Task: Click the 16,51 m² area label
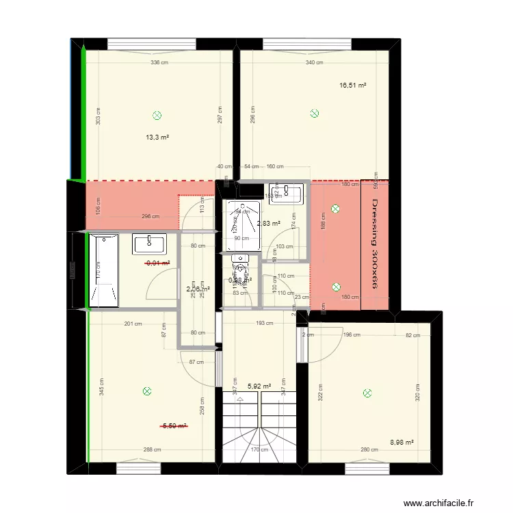click(353, 85)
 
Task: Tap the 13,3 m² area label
click(157, 137)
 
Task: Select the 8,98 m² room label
click(402, 442)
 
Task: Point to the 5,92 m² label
click(259, 386)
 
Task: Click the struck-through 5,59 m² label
click(174, 425)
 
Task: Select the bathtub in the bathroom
click(103, 271)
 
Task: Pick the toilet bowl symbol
click(239, 263)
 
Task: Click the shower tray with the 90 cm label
click(241, 225)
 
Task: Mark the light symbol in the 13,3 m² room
click(158, 115)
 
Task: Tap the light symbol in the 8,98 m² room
click(367, 393)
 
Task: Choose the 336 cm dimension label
click(160, 63)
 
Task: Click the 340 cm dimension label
click(315, 63)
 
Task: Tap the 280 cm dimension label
click(369, 449)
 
